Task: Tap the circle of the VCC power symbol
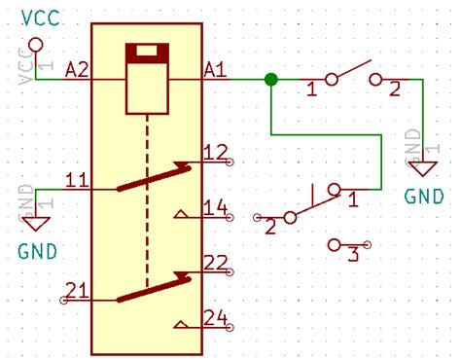pos(36,45)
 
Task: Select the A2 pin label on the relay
pos(77,70)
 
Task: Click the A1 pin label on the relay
pos(215,70)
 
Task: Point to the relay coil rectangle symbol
pos(147,78)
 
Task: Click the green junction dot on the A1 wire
pos(271,79)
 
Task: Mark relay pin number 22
pos(216,262)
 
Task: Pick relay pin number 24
pos(216,317)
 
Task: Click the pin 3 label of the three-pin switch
pos(353,256)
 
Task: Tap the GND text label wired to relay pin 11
pos(37,251)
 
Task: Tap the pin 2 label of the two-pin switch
pos(394,90)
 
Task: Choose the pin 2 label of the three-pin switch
pos(269,228)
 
